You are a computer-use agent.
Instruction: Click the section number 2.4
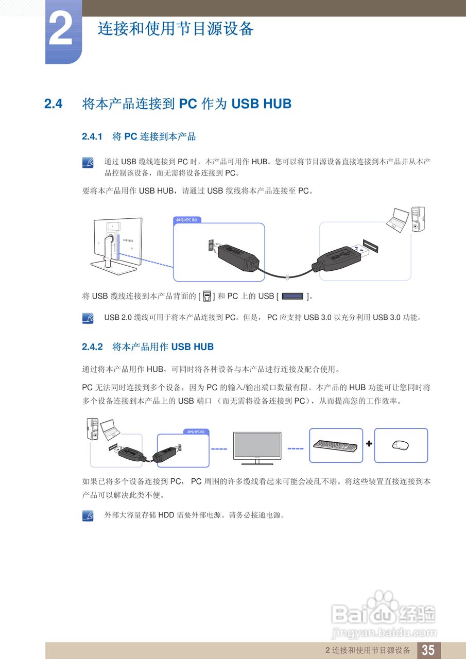coord(53,104)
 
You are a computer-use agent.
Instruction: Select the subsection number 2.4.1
coord(93,137)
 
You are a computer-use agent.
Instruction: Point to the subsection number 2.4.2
coord(93,347)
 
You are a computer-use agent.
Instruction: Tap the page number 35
coord(428,650)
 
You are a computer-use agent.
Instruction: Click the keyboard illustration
coord(336,444)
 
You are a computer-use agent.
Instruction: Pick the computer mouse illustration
coord(400,444)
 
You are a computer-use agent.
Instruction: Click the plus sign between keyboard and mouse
coord(369,444)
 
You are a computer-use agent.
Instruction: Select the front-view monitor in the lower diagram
coord(257,445)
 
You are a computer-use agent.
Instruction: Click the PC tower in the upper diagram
coord(418,220)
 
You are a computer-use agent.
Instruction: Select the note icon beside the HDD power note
coord(88,515)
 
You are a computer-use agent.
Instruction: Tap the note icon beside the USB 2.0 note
coord(88,318)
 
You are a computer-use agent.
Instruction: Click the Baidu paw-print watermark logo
coord(382,602)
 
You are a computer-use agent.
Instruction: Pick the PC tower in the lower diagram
coord(93,428)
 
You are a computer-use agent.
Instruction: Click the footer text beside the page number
coord(368,650)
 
